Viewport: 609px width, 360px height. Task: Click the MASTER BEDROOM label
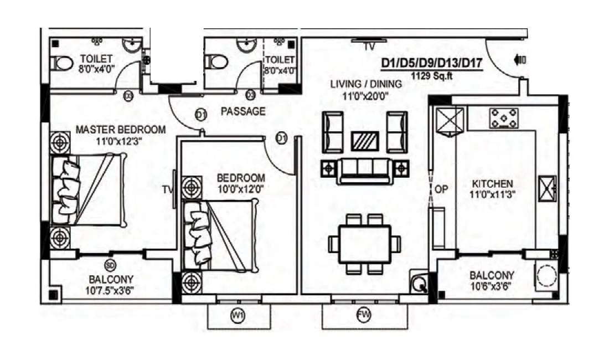coord(120,130)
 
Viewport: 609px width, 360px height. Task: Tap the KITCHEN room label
coord(492,183)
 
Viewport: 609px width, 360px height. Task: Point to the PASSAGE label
coord(243,111)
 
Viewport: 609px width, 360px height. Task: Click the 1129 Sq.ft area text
coord(432,76)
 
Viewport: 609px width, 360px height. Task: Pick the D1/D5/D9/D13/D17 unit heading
coord(432,64)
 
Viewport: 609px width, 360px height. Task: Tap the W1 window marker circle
coord(238,316)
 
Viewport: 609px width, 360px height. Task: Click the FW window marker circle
coord(364,316)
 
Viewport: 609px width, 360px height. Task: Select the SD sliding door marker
coord(111,264)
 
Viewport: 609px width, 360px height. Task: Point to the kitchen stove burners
coord(504,117)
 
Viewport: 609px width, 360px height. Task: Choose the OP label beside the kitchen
coord(441,189)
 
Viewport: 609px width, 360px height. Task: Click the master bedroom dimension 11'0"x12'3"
coord(120,141)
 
